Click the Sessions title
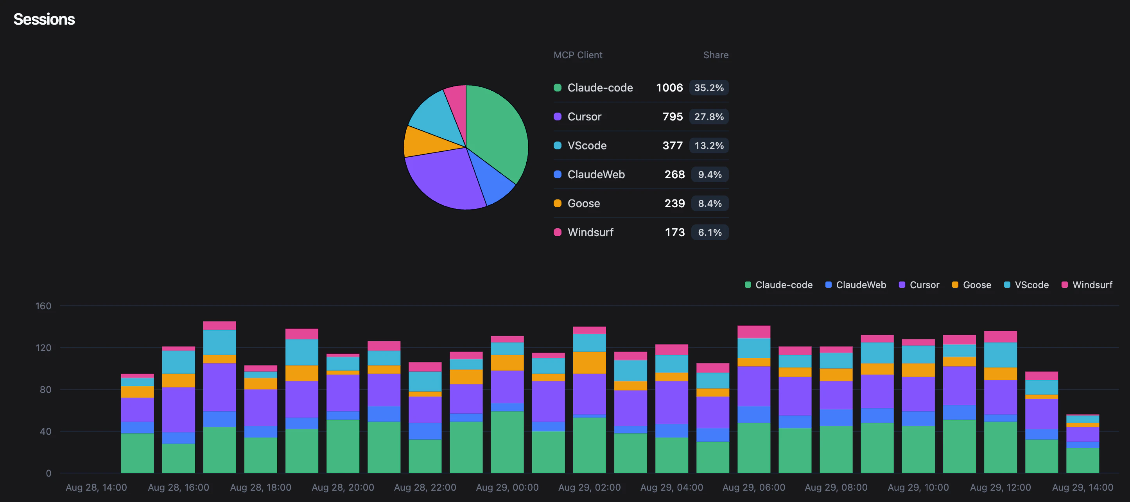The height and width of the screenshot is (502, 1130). [x=44, y=19]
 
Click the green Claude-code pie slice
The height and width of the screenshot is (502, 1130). [x=498, y=132]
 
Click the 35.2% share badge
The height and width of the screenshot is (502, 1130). [x=708, y=88]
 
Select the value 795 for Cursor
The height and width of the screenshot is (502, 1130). [x=672, y=117]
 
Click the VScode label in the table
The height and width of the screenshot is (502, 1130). [x=587, y=146]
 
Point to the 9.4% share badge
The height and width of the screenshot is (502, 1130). [x=709, y=175]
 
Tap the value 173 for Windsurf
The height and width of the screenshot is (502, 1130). [x=674, y=233]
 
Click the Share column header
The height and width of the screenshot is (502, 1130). [x=716, y=55]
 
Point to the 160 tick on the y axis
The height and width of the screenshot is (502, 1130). [x=43, y=306]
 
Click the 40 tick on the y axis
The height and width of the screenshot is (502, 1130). [x=45, y=431]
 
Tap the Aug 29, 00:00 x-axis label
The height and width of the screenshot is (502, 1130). [x=507, y=488]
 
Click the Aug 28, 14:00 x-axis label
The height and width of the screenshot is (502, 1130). [x=96, y=488]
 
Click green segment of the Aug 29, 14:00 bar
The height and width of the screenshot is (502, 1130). [x=1082, y=461]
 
